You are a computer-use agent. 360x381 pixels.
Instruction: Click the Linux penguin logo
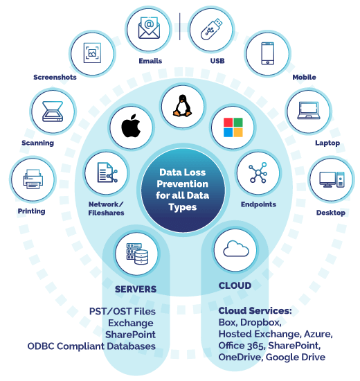[x=182, y=105]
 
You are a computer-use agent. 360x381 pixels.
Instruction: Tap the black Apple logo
[x=131, y=126]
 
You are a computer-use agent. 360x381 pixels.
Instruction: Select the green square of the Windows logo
[x=238, y=122]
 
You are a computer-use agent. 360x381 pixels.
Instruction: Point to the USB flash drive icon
[x=211, y=29]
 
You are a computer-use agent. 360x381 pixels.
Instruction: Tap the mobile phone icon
[x=268, y=53]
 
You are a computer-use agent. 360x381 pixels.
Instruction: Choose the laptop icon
[x=309, y=111]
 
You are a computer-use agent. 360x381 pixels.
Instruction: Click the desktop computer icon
[x=332, y=179]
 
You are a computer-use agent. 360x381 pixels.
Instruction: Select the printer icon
[x=33, y=179]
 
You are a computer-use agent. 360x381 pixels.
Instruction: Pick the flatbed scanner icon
[x=53, y=112]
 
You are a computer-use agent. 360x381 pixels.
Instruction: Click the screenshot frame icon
[x=92, y=53]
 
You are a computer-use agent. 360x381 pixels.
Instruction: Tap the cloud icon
[x=236, y=249]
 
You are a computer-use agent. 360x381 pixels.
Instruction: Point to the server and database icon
[x=137, y=254]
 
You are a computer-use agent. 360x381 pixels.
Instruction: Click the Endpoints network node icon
[x=258, y=172]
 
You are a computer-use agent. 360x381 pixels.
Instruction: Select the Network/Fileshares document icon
[x=107, y=172]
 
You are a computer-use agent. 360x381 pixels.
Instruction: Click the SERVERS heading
[x=136, y=290]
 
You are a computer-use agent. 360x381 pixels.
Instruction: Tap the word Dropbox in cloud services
[x=261, y=322]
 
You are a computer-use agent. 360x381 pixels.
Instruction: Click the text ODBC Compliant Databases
[x=91, y=346]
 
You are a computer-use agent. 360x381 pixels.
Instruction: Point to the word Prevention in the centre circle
[x=183, y=184]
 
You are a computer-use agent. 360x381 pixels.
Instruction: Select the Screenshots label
[x=55, y=78]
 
